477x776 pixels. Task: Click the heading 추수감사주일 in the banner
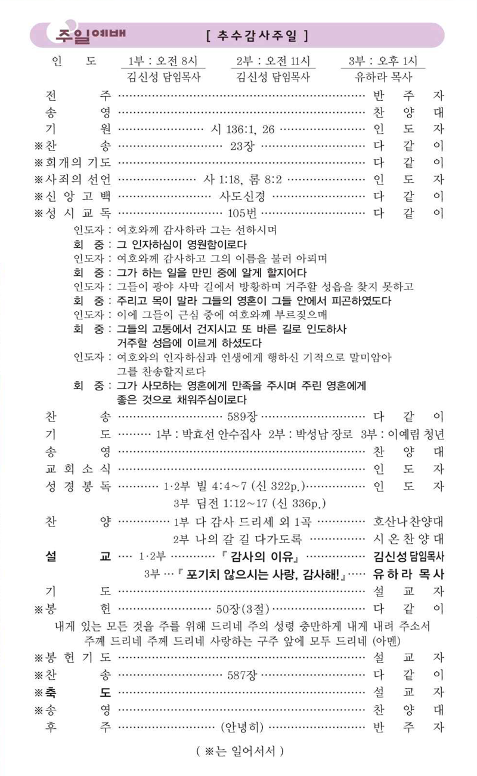click(256, 35)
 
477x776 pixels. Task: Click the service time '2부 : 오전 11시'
click(272, 61)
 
